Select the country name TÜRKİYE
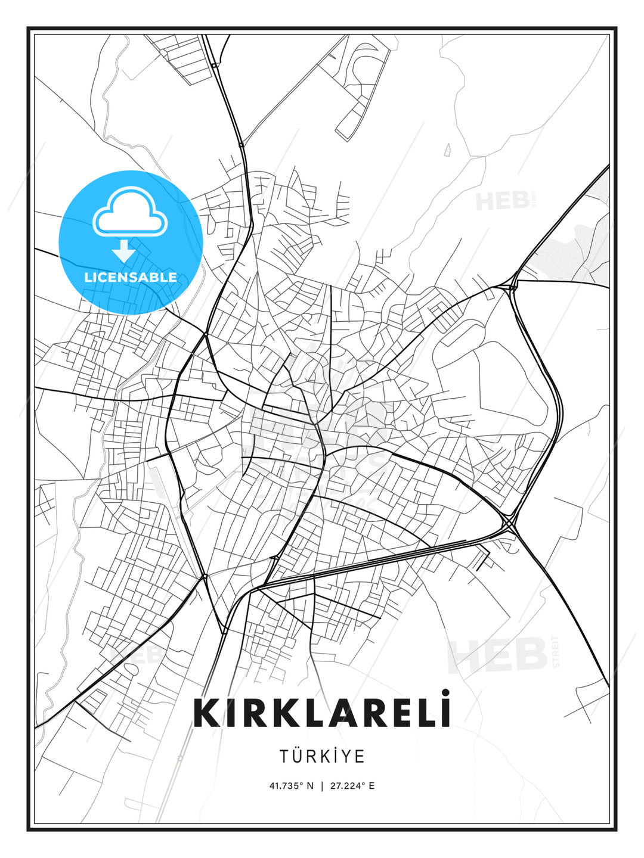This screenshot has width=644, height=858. point(322,756)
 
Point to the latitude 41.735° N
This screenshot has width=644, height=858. point(292,786)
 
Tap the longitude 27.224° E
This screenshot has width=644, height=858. point(352,786)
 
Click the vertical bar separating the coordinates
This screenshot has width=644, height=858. point(322,786)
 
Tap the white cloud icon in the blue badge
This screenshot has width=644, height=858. point(130,212)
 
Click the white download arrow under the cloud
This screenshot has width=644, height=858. point(124,251)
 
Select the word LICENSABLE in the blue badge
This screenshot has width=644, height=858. point(131,277)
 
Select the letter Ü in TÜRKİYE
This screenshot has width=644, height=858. point(301,756)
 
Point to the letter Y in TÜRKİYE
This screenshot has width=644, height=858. point(344,756)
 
